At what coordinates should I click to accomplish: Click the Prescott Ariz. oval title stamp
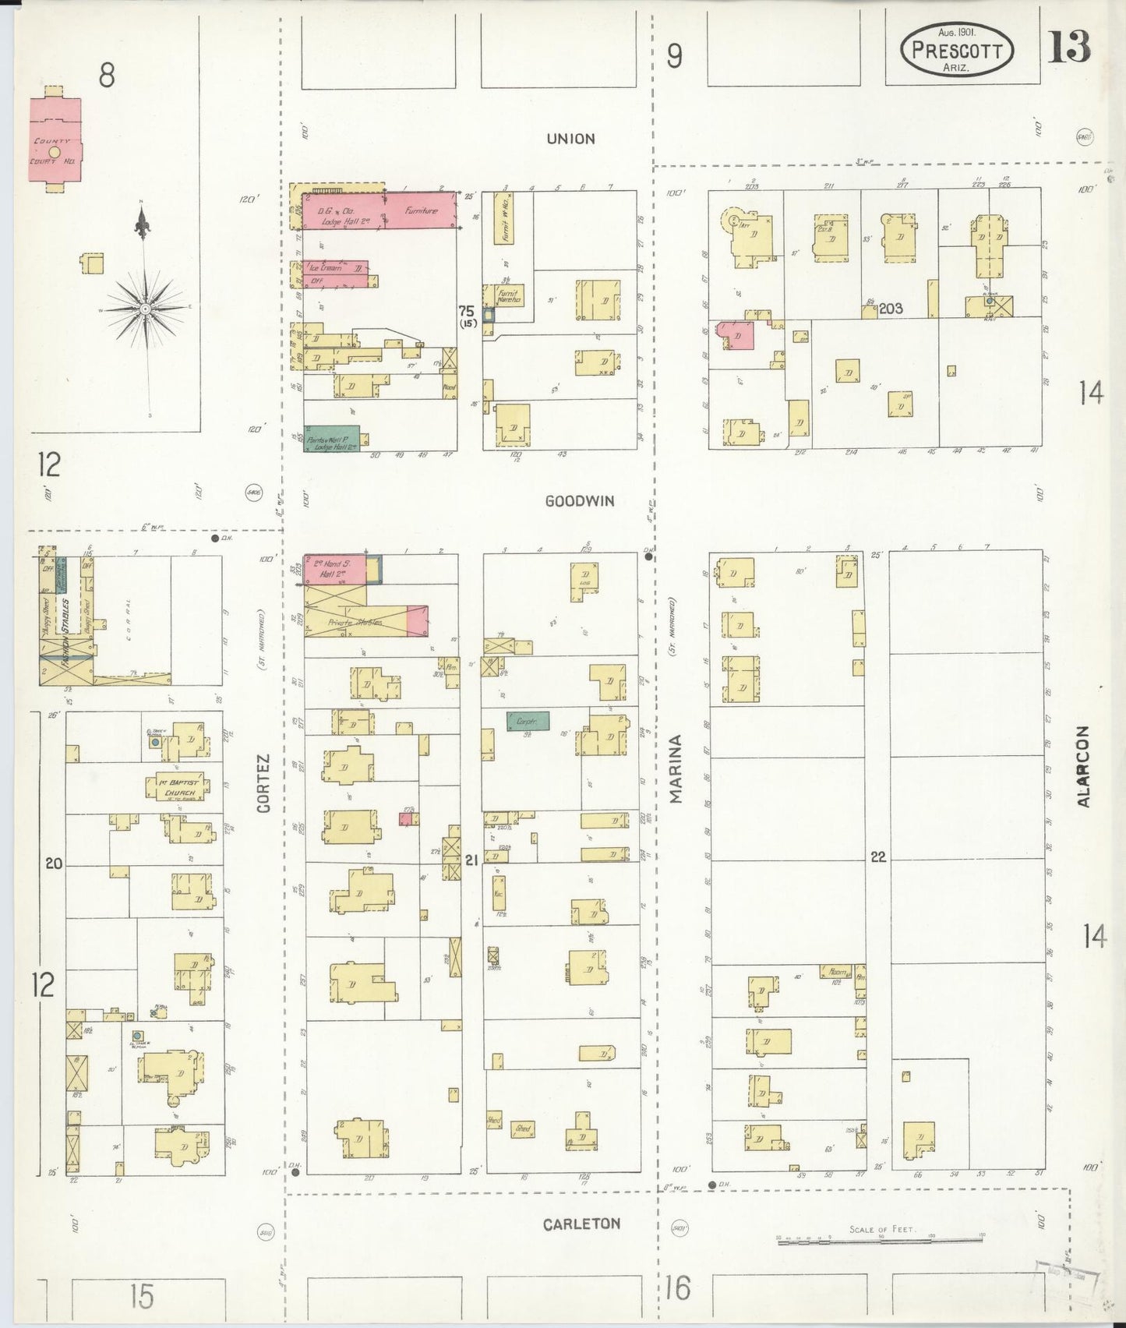pos(957,50)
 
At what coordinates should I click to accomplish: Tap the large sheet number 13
pos(1068,48)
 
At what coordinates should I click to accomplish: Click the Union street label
pos(570,139)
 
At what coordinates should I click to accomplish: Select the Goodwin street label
pos(579,501)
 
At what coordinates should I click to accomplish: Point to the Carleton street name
pos(581,1224)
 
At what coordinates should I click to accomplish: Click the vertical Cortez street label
pos(263,783)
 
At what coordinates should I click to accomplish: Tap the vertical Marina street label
pos(676,768)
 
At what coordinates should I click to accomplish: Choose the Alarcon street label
pos(1083,766)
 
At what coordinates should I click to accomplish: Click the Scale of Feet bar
pos(881,1238)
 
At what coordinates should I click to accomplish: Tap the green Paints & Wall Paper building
pos(331,439)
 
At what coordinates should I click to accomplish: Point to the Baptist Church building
pos(179,787)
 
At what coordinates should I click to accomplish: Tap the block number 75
pos(467,311)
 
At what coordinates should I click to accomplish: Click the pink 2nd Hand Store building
pos(334,569)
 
